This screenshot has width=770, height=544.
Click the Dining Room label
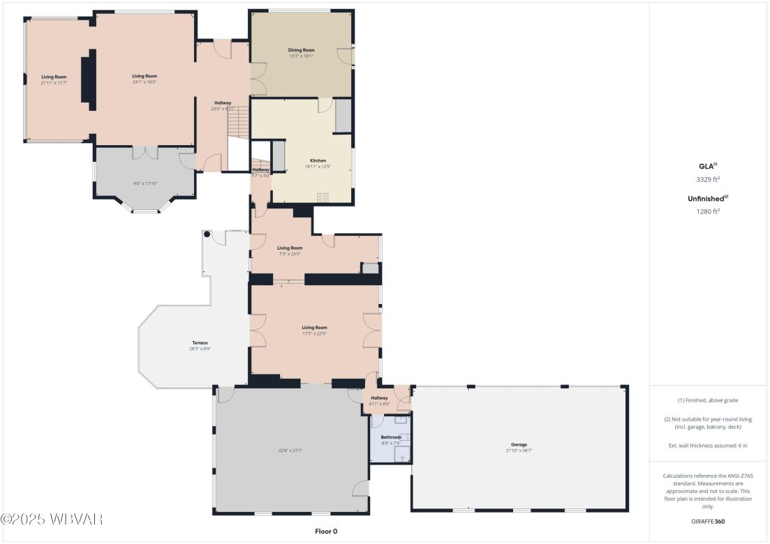click(302, 50)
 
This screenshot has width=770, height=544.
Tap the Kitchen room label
click(318, 161)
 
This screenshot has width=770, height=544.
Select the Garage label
click(518, 444)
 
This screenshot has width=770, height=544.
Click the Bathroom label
click(391, 437)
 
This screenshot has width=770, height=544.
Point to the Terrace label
click(200, 342)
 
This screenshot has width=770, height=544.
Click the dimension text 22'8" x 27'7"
click(291, 451)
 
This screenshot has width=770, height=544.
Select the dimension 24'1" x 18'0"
click(145, 82)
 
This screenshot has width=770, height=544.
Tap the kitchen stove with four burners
click(323, 197)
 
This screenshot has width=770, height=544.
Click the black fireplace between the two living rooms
click(87, 80)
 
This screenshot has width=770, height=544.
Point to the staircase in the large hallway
click(238, 123)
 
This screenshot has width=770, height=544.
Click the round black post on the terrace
click(207, 234)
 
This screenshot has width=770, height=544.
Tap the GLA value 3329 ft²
click(708, 179)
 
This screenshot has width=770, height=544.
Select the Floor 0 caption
click(326, 531)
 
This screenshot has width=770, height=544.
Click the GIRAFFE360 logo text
click(708, 521)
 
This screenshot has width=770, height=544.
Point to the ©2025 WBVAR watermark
click(52, 520)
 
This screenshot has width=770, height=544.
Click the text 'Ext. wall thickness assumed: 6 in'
click(708, 445)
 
